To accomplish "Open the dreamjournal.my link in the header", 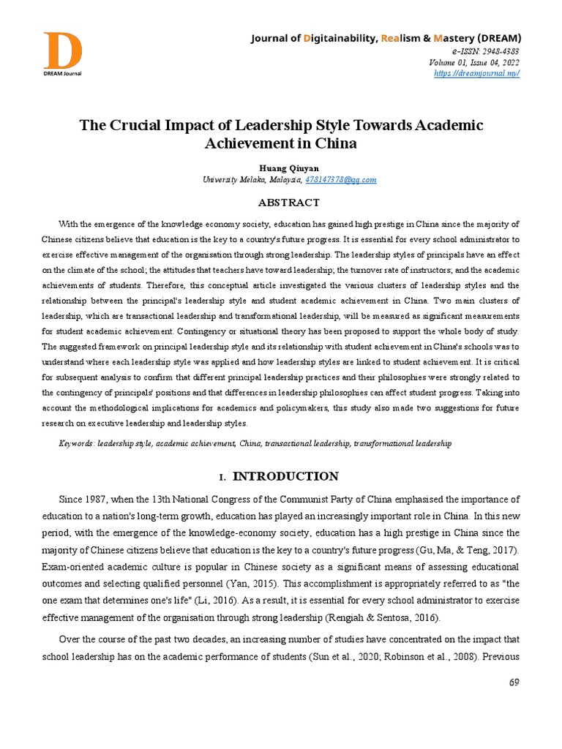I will (x=476, y=74).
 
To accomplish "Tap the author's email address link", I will (x=340, y=180).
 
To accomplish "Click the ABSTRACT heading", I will (x=280, y=203).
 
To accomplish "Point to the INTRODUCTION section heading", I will (x=285, y=477).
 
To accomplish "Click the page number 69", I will (x=513, y=682).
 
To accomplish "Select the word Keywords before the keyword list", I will (x=76, y=443).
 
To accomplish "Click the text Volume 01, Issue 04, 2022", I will (x=474, y=62).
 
